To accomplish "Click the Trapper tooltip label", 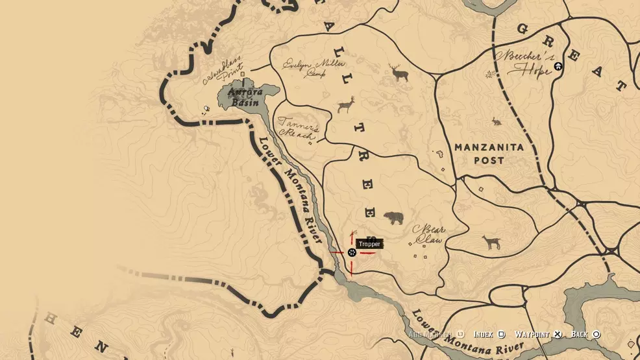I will pos(369,244).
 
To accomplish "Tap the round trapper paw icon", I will pos(352,252).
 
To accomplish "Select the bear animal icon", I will pos(393,218).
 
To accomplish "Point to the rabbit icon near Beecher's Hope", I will pos(497,121).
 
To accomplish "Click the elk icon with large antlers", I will pos(399,72).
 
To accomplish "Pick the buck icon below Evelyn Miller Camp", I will pos(346,104).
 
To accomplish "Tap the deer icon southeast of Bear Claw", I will pos(491,243).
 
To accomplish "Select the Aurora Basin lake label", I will pos(244,97).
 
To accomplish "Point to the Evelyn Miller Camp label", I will pos(314,67).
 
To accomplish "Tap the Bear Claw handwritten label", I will pos(428,235).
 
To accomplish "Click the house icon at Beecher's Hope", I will pos(558,66).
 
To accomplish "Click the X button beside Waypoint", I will pos(557,334).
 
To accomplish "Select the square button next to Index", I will pos(501,334).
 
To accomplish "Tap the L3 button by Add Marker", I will pos(460,334).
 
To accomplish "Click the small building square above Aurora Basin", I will pos(243,75).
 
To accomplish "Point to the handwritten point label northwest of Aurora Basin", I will pos(223,70).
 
